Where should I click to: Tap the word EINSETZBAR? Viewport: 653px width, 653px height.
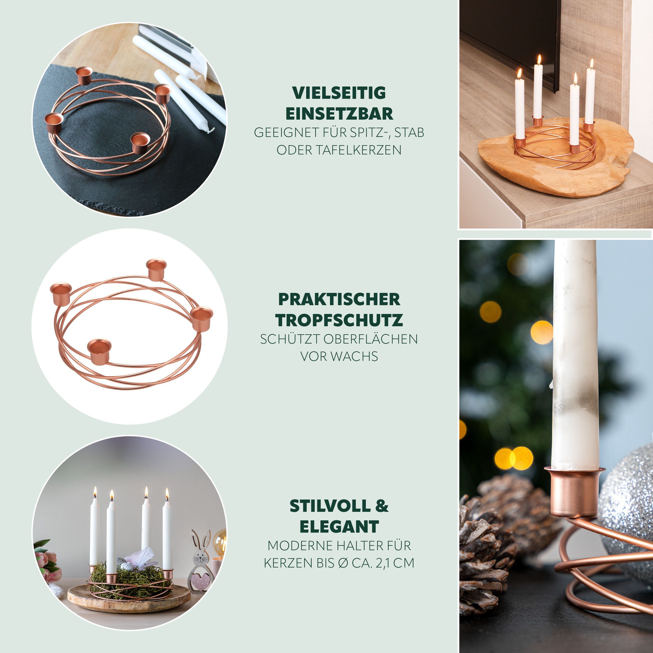point(339,114)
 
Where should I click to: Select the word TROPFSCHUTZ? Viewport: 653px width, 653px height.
point(339,320)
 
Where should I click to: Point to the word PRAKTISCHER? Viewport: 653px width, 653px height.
point(339,299)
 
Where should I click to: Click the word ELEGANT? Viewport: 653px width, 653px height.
point(339,527)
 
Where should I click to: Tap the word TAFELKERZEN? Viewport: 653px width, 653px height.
point(359,150)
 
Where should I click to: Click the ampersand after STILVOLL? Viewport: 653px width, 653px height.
point(382,506)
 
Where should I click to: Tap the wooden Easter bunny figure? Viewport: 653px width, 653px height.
point(200,565)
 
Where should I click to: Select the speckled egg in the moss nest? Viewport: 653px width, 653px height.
point(127,566)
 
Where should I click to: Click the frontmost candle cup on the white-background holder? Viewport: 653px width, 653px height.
point(99,351)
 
